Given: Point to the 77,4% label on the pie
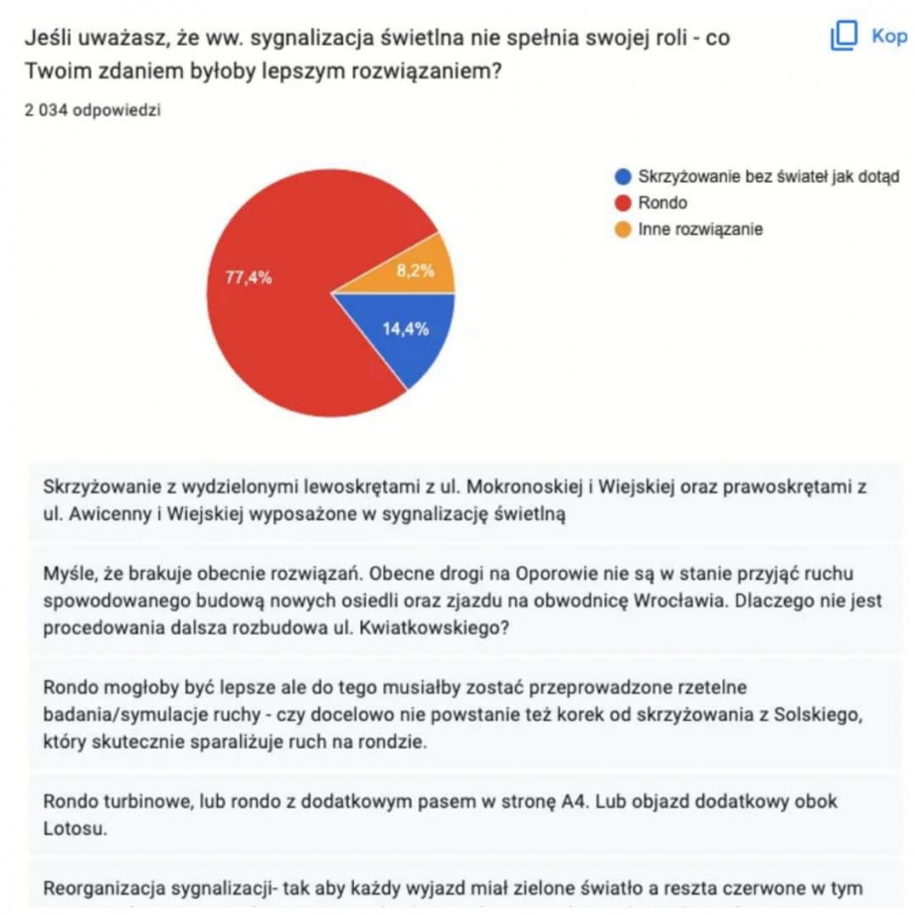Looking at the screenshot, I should (248, 278).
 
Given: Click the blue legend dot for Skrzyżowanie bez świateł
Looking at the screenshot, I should (624, 177).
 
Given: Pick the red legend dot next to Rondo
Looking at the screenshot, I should (624, 203).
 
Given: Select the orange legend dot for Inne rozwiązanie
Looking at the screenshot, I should (624, 229).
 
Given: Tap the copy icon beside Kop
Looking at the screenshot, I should (843, 37).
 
